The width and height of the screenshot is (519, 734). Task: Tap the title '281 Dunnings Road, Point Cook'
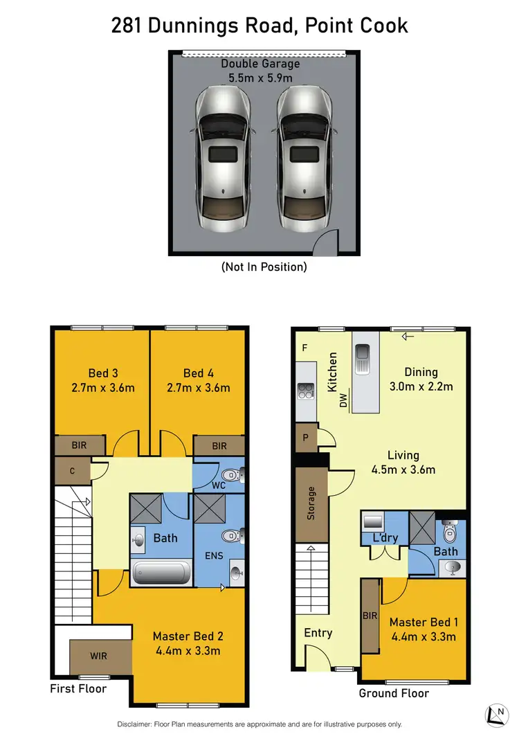(259, 26)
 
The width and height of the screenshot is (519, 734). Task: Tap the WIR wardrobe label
(99, 655)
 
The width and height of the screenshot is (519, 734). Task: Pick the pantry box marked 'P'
(305, 438)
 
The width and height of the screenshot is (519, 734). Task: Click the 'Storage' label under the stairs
(311, 503)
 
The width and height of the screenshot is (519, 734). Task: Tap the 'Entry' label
(318, 632)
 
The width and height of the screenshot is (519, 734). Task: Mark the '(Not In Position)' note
(264, 267)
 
